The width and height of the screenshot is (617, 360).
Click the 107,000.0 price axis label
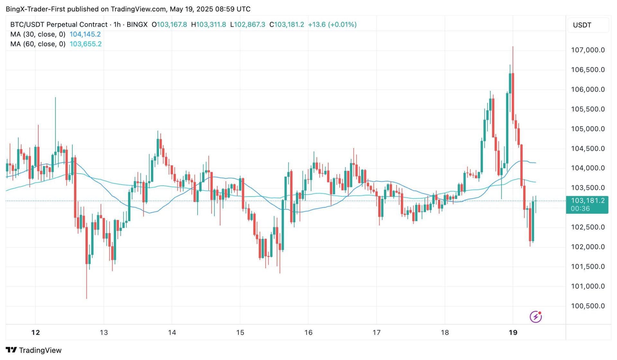pos(587,50)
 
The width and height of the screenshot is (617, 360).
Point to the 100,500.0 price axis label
pos(587,306)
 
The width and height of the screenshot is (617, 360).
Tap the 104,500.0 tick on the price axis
pos(587,148)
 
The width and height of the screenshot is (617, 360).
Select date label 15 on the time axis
pos(240,332)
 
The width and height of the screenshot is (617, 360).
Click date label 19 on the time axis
pos(513,332)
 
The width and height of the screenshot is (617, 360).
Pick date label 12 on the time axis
pos(36,332)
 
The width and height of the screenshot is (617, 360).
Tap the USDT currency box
pos(582,25)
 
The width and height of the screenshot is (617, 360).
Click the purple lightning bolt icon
pos(535,317)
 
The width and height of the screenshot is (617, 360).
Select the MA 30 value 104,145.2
pos(85,34)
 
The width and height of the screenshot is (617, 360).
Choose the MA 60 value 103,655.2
pos(85,44)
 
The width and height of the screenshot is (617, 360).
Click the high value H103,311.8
pos(209,24)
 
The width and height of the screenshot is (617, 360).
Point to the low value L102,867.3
pos(248,24)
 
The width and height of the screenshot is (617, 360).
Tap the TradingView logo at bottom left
pos(34,350)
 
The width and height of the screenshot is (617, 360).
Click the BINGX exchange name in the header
pos(137,24)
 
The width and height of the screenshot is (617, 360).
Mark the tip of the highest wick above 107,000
pos(513,47)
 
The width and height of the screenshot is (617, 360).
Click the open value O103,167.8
pos(169,24)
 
